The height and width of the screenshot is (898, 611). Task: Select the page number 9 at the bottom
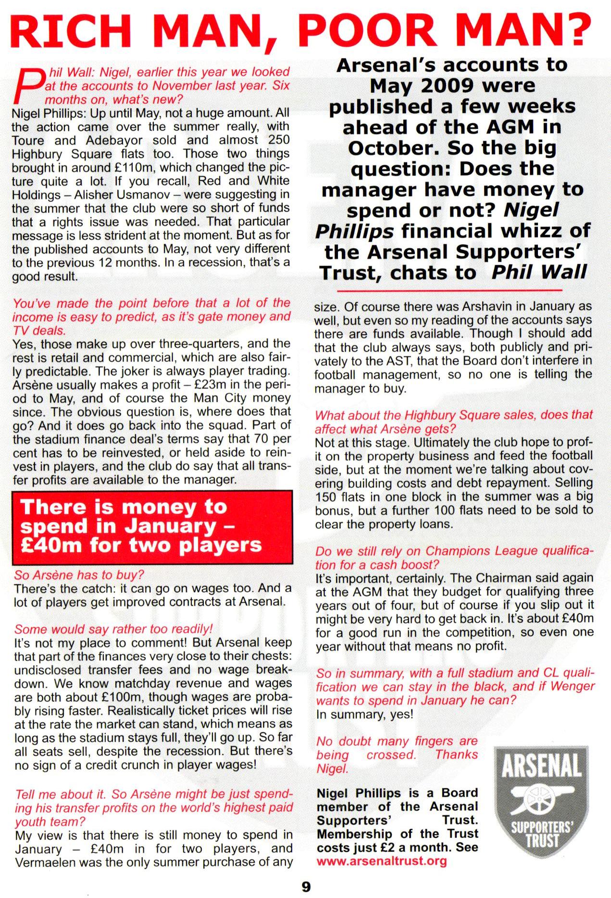pos(306,886)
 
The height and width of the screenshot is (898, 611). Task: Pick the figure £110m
pos(144,168)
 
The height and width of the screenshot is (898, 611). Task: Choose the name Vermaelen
pos(48,862)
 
